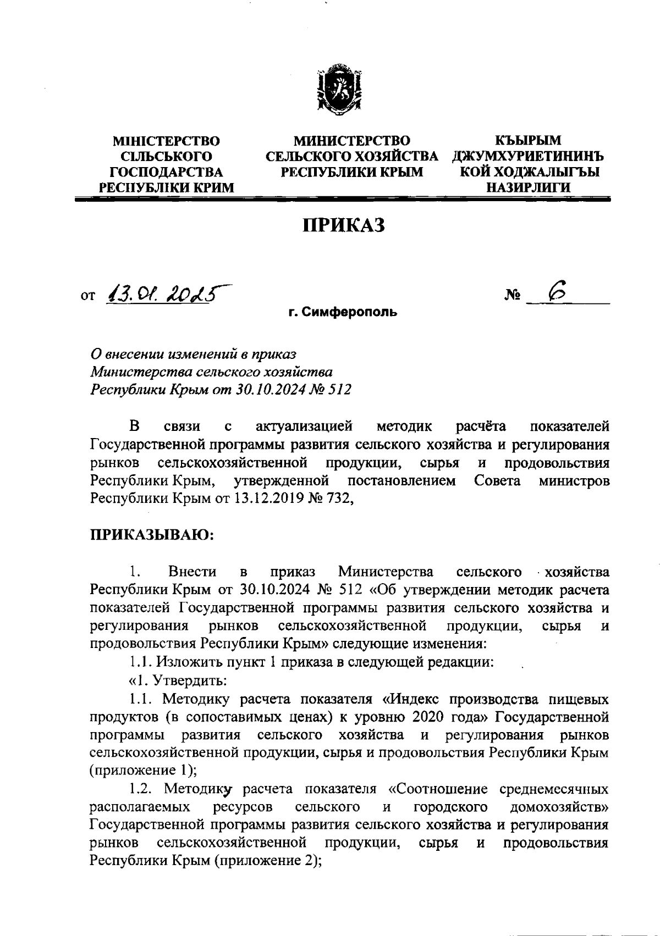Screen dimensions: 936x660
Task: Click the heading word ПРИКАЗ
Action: pos(343,225)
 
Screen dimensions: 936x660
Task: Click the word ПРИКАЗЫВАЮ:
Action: pos(152,534)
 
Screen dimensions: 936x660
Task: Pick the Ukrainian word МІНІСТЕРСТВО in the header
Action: pos(166,141)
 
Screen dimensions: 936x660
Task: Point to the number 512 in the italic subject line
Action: pos(339,390)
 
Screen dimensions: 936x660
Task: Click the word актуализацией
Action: pos(304,426)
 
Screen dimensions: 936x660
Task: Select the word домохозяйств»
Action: pos(559,807)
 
